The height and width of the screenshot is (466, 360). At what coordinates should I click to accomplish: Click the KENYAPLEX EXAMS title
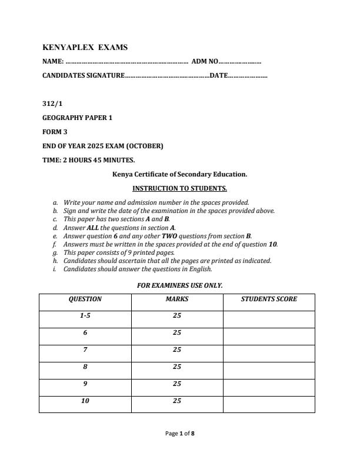[85, 47]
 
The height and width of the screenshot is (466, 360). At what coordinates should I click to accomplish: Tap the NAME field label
[52, 61]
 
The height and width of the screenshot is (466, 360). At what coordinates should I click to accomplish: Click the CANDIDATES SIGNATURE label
[83, 75]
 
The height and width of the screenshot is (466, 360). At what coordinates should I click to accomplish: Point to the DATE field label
[218, 75]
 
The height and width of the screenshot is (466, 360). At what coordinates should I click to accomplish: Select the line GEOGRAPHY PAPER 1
[77, 118]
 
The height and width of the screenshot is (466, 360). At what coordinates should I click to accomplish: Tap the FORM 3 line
[55, 132]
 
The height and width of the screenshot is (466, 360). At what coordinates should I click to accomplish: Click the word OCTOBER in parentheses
[145, 146]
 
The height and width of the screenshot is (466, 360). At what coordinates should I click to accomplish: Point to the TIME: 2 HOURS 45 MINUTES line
[89, 160]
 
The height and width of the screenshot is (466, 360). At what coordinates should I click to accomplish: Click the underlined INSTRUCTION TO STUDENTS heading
[179, 188]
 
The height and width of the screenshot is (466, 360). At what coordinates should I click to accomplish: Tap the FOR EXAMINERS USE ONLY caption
[179, 285]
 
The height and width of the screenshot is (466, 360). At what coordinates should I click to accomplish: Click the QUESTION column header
[85, 299]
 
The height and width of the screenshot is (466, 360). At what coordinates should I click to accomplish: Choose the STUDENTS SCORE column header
[269, 299]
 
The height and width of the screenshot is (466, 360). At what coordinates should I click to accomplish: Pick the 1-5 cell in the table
[85, 316]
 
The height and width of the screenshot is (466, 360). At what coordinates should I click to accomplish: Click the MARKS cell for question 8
[177, 367]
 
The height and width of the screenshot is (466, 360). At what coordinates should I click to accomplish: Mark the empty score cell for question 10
[269, 404]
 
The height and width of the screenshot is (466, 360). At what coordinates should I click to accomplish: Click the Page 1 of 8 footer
[180, 434]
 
